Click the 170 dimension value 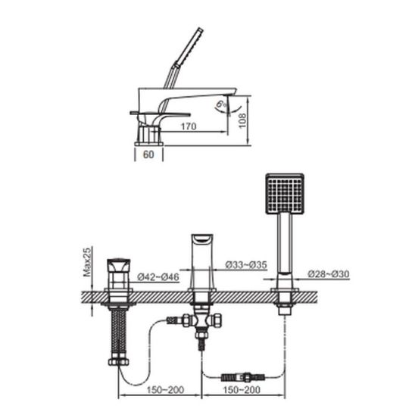[x=189, y=126]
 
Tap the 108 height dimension [x=242, y=120]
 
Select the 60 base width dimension [x=148, y=154]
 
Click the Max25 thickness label [x=88, y=261]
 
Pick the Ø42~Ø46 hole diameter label [x=158, y=277]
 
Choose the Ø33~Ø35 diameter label [x=246, y=264]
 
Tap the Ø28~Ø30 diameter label [x=329, y=274]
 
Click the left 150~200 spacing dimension [x=165, y=389]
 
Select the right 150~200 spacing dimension [x=242, y=389]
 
